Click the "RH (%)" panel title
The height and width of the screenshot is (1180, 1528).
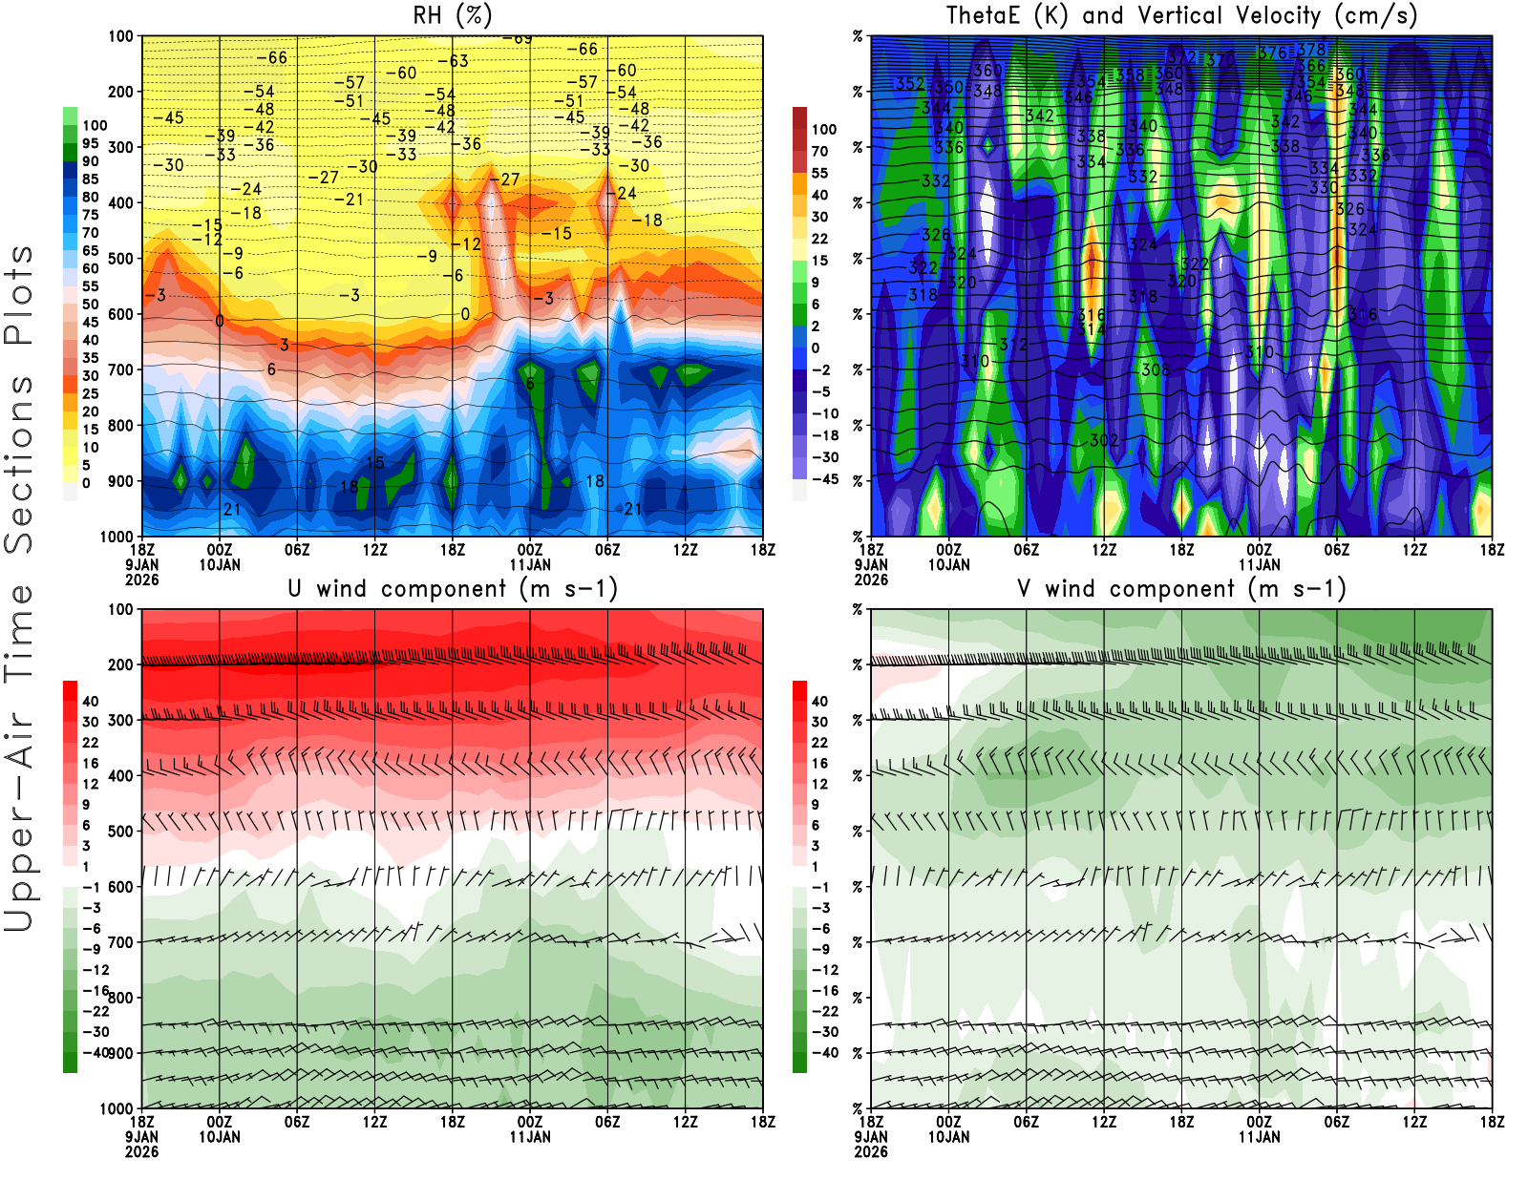point(453,15)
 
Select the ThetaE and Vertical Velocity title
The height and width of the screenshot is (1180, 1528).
point(1181,15)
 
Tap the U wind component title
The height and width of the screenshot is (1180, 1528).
point(453,588)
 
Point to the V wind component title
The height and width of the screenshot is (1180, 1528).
point(1181,588)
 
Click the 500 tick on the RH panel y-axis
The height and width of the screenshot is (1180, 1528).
point(120,259)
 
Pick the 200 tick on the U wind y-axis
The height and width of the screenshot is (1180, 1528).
point(120,664)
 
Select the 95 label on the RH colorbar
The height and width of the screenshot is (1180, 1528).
point(90,143)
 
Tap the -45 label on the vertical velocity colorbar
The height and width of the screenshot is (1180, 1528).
point(824,479)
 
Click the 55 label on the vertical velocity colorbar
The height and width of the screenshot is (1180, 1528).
point(819,173)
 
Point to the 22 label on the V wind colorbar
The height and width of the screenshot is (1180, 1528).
point(819,743)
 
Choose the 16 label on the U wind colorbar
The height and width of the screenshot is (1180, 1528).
point(90,764)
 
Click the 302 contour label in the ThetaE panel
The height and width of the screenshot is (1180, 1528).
point(1103,440)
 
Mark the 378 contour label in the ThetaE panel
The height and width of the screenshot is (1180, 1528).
point(1311,50)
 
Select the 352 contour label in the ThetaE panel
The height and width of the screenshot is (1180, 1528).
point(909,84)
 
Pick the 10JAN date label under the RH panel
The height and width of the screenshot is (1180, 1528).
point(220,565)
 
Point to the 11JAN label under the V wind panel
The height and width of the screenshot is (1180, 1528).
point(1259,1137)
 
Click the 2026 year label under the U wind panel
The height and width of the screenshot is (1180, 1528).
point(141,1151)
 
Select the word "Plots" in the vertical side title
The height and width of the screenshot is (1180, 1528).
point(19,295)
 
